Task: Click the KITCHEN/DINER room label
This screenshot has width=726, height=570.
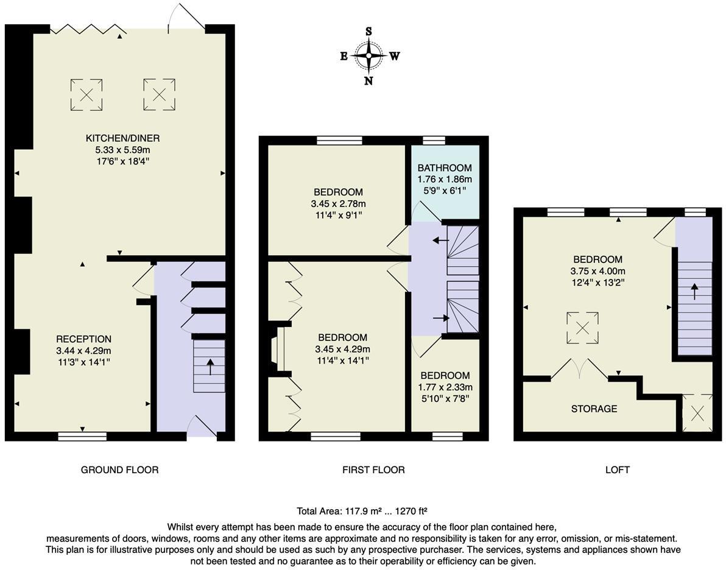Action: [x=122, y=138]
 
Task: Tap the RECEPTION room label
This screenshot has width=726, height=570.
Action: [x=84, y=339]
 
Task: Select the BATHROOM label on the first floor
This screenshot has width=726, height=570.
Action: [x=445, y=168]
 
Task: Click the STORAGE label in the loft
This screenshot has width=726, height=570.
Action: [x=594, y=409]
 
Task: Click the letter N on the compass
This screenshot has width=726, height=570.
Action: [x=368, y=81]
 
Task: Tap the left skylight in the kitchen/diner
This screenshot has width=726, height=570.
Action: [x=86, y=94]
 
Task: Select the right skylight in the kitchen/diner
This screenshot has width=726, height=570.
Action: [x=159, y=94]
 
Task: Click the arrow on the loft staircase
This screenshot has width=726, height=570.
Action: [x=694, y=290]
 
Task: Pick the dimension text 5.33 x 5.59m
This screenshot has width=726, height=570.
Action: [x=122, y=150]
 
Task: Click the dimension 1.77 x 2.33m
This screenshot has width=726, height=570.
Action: [x=445, y=387]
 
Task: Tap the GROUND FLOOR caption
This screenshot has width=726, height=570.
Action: [x=119, y=470]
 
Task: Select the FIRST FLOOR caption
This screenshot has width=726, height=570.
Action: [x=373, y=470]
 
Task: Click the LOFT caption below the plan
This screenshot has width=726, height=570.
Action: [x=618, y=470]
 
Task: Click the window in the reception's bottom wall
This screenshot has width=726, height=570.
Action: [x=82, y=436]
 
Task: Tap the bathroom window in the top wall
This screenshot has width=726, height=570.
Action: [x=434, y=140]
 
